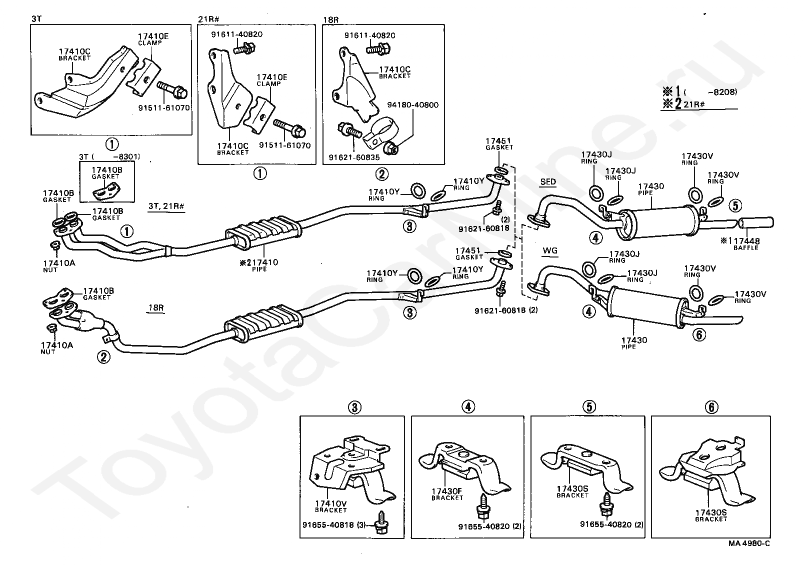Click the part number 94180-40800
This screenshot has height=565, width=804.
(x=413, y=105)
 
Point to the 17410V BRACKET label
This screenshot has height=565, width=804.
(x=331, y=506)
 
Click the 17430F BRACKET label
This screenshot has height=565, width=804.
(x=447, y=494)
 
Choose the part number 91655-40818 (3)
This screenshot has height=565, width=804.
(x=334, y=525)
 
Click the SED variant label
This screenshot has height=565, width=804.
(x=548, y=181)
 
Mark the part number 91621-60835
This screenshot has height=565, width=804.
(x=354, y=157)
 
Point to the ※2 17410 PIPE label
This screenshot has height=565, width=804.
(x=259, y=265)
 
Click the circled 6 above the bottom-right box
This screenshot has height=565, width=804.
(x=712, y=407)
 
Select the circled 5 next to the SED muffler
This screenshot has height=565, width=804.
(x=735, y=205)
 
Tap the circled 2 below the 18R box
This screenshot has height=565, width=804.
(x=382, y=174)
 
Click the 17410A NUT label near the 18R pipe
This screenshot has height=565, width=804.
(x=56, y=348)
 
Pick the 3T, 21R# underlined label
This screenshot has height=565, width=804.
(x=166, y=206)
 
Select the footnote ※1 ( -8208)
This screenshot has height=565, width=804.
(x=699, y=92)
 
